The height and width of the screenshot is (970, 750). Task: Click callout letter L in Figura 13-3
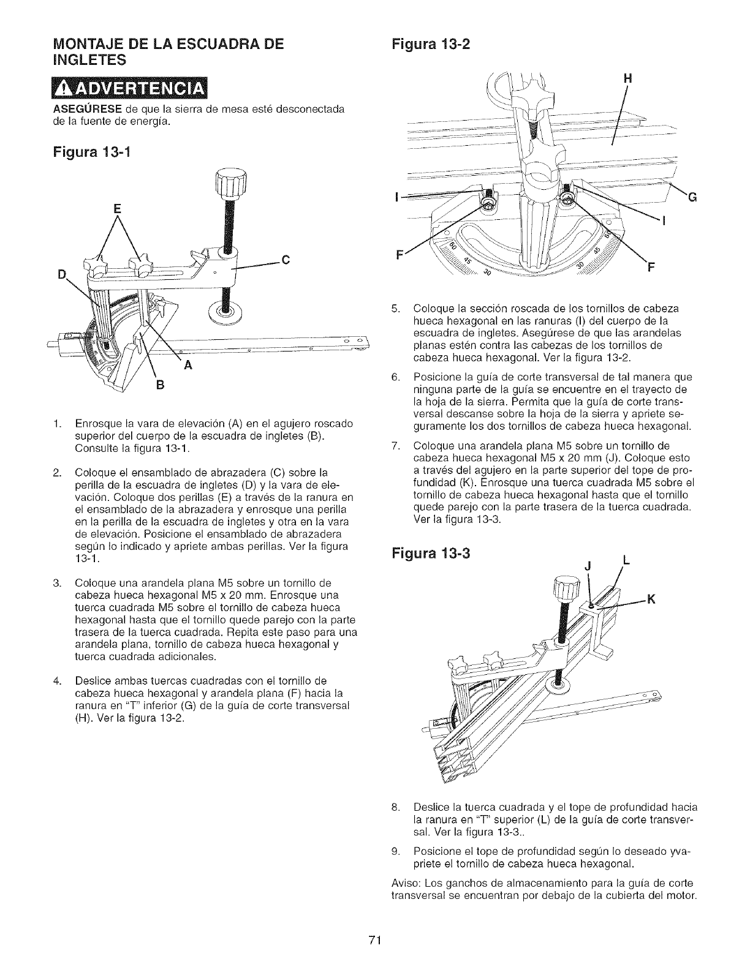pos(625,560)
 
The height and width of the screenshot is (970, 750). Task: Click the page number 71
pos(375,940)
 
